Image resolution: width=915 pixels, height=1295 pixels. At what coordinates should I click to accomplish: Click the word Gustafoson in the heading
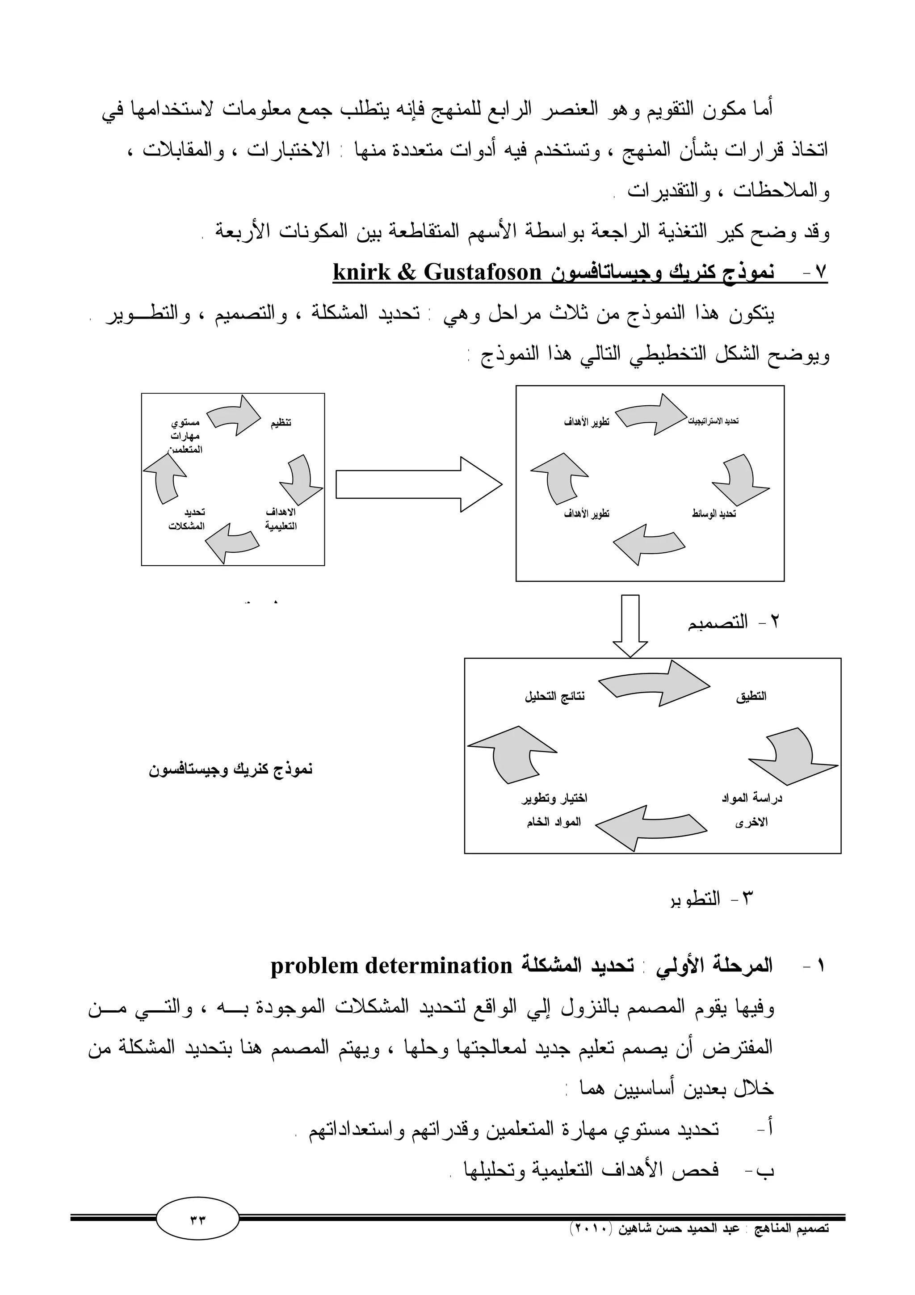(x=482, y=273)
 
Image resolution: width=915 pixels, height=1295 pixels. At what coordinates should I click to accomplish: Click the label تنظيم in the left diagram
(x=281, y=423)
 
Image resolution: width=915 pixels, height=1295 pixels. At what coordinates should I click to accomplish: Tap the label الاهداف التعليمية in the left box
(x=281, y=519)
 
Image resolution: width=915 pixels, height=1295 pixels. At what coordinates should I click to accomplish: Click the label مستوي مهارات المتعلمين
(x=185, y=436)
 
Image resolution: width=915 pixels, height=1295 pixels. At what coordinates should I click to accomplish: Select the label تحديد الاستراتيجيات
(x=713, y=421)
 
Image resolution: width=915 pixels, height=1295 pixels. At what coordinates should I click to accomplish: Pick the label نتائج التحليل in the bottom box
(x=555, y=697)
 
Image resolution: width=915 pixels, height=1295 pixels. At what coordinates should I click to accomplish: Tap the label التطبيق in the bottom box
(x=751, y=697)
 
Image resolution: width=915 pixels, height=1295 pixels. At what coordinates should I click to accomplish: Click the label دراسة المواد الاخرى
(x=751, y=810)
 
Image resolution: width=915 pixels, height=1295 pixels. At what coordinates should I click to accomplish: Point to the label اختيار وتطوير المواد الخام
(x=554, y=810)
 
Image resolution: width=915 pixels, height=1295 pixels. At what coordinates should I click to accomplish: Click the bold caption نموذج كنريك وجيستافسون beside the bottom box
(x=231, y=769)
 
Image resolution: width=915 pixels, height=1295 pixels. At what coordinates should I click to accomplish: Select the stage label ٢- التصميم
(x=733, y=622)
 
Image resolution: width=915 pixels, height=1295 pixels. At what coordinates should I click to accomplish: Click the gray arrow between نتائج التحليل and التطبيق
(x=654, y=684)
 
